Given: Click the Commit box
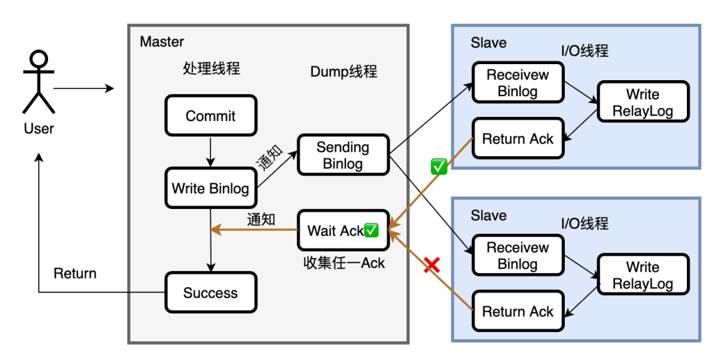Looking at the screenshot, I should pyautogui.click(x=210, y=116).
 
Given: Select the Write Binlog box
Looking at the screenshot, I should pyautogui.click(x=210, y=188).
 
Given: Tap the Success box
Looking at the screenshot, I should pyautogui.click(x=210, y=293).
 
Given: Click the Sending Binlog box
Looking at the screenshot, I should pyautogui.click(x=342, y=155).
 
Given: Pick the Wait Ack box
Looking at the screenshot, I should pyautogui.click(x=342, y=231).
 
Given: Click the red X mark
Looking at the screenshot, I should pyautogui.click(x=433, y=265).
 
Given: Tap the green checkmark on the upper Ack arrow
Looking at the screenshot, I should pyautogui.click(x=439, y=167).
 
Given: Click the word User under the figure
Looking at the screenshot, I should pyautogui.click(x=39, y=128).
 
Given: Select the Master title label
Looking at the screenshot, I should pyautogui.click(x=162, y=42).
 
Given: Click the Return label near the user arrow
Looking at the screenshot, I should pyautogui.click(x=75, y=273).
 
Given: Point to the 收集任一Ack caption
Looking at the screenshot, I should pyautogui.click(x=344, y=263).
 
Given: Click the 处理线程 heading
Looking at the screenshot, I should pyautogui.click(x=211, y=68).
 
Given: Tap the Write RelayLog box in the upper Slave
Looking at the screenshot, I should pyautogui.click(x=643, y=102).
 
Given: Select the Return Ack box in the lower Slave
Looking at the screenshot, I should pyautogui.click(x=518, y=311).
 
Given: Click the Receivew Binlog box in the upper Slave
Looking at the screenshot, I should pyautogui.click(x=518, y=83).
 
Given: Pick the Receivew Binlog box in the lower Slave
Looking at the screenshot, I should pyautogui.click(x=518, y=255).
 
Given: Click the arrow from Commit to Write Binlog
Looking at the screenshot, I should pyautogui.click(x=210, y=152).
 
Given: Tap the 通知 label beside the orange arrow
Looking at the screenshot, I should pyautogui.click(x=261, y=219).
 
